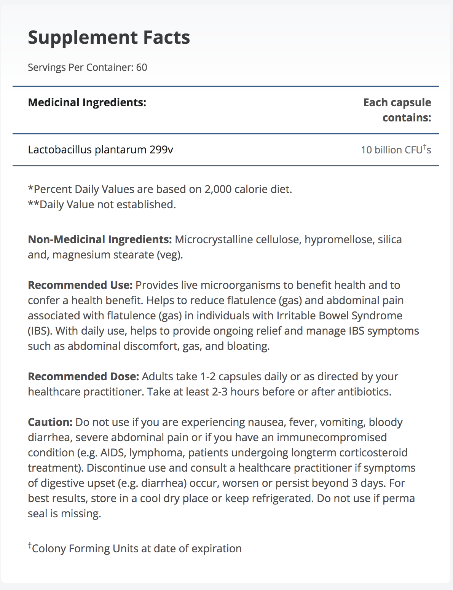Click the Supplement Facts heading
point(109,37)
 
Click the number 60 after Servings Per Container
point(142,67)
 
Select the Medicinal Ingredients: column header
point(87,102)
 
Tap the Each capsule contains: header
point(397,110)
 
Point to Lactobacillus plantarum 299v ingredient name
point(100,150)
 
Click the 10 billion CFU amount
point(396,150)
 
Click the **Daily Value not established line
point(102,204)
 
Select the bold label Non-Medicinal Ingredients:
point(100,239)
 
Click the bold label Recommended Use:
point(80,285)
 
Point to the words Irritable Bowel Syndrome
point(339,316)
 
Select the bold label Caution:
point(50,422)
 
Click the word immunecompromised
point(332,437)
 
